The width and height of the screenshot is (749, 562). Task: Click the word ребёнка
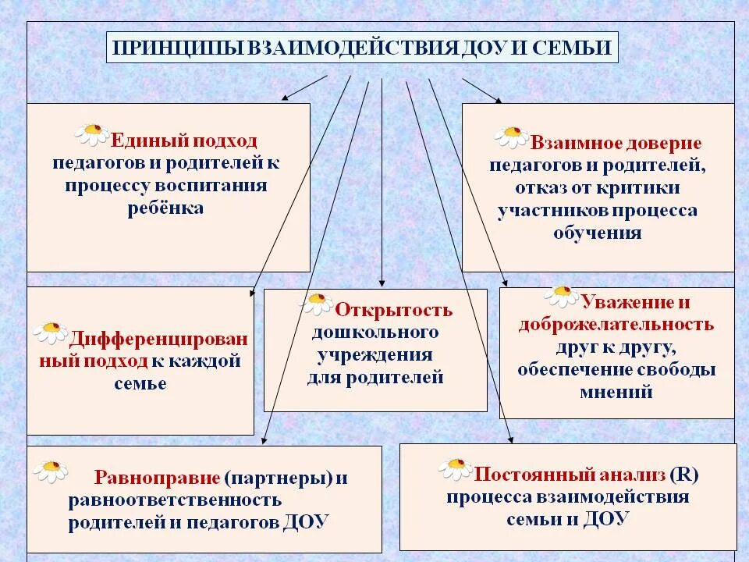165,208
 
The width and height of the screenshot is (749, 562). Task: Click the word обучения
598,233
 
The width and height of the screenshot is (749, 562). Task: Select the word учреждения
374,355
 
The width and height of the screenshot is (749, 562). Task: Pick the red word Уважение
616,301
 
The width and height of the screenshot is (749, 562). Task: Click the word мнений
616,392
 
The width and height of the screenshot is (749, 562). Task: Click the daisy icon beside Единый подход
92,133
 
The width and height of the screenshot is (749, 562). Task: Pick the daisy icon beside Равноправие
51,470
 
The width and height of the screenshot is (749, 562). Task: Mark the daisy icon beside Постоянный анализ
455,468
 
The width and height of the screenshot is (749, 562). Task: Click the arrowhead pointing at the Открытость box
382,283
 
